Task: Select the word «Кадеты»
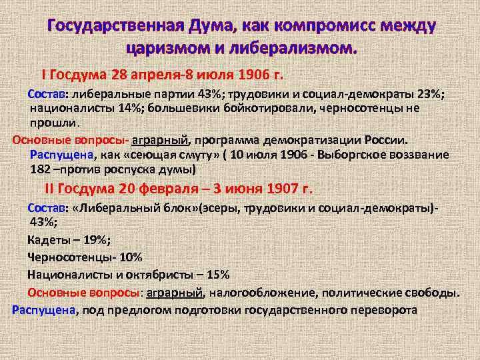point(50,240)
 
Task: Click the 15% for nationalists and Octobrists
point(217,275)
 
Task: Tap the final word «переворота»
point(387,310)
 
